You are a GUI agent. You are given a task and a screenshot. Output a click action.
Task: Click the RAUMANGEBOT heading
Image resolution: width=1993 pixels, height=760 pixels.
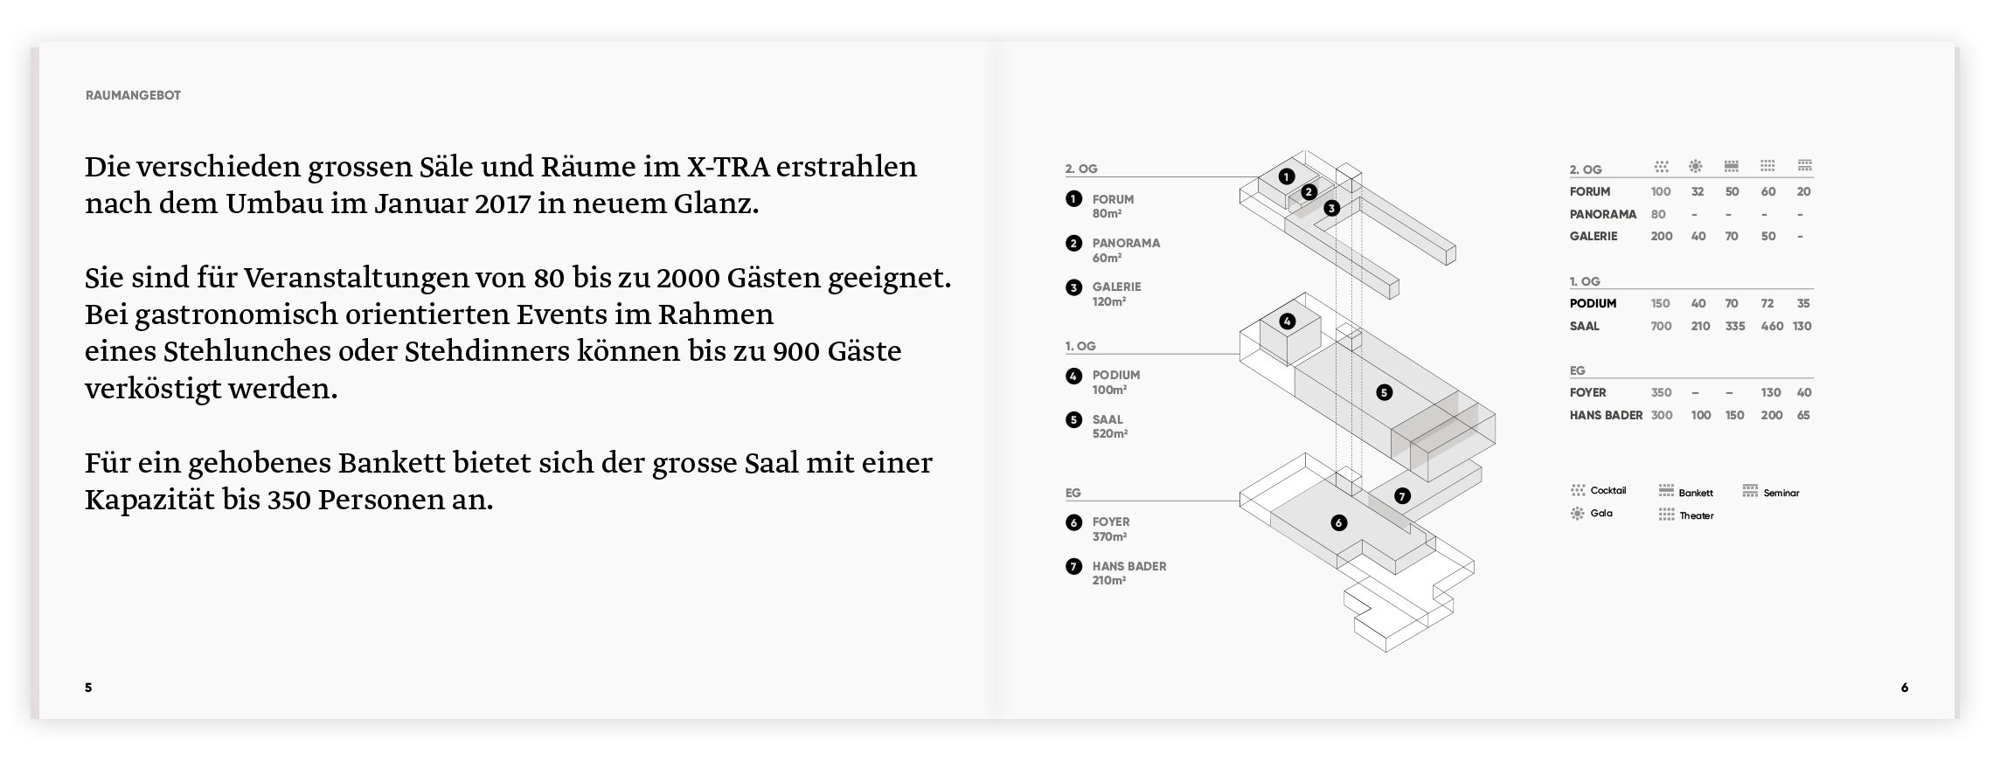click(x=133, y=95)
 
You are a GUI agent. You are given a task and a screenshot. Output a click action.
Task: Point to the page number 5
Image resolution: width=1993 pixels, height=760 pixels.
click(x=88, y=687)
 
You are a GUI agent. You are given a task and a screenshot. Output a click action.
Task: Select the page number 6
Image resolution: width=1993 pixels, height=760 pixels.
click(x=1904, y=687)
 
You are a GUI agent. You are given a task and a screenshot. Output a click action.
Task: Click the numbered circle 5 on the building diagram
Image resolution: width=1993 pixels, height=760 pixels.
click(x=1384, y=392)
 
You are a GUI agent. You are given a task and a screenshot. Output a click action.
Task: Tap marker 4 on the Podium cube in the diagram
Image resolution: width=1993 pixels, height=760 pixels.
click(x=1287, y=321)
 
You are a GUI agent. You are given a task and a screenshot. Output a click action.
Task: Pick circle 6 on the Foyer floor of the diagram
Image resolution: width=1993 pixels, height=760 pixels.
click(x=1338, y=522)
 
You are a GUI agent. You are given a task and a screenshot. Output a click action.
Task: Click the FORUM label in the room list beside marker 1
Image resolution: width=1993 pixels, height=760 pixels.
click(x=1113, y=199)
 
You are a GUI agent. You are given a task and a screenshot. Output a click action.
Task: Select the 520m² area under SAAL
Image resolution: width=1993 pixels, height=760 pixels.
click(x=1109, y=434)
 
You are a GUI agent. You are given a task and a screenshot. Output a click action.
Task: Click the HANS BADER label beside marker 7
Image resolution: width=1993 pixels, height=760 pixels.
click(x=1128, y=566)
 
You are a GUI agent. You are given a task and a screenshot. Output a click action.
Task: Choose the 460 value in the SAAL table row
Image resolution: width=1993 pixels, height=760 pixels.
click(x=1771, y=326)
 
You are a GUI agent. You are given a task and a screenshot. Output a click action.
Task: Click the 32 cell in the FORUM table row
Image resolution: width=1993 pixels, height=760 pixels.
click(x=1697, y=191)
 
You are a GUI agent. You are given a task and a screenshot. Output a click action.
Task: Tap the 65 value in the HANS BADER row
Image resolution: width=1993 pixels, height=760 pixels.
click(x=1802, y=415)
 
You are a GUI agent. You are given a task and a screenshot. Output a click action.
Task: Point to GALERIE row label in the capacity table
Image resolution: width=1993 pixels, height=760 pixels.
click(x=1593, y=236)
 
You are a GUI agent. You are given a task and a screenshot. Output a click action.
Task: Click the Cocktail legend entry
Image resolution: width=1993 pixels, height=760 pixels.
click(x=1607, y=490)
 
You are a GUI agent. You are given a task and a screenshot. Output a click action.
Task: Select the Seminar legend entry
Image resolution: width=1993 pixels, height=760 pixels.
click(x=1780, y=493)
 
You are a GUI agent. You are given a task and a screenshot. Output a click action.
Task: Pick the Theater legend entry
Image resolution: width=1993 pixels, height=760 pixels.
click(x=1695, y=515)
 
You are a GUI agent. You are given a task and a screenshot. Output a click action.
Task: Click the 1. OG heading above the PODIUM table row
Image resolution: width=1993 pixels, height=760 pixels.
click(x=1584, y=281)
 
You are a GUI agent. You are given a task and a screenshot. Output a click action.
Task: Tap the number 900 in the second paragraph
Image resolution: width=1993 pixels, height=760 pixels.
click(x=795, y=351)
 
